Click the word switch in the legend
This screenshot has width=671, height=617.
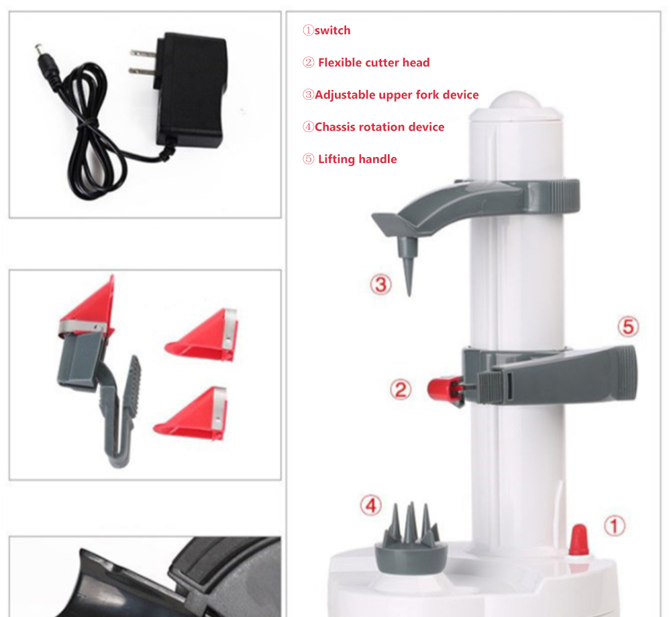[333, 30]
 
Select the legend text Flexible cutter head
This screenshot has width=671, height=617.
[374, 62]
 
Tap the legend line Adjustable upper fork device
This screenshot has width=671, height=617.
[397, 95]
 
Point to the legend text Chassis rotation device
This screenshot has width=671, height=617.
[379, 127]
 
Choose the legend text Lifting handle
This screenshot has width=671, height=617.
[358, 159]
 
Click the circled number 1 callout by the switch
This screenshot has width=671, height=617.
[615, 526]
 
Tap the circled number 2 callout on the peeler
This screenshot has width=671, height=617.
[401, 390]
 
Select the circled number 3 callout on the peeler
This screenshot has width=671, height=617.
[380, 284]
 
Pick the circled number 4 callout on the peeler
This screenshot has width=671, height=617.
[370, 506]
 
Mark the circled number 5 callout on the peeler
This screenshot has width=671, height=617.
[628, 327]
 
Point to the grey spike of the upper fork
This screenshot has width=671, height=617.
[408, 265]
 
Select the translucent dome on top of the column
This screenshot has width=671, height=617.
[515, 100]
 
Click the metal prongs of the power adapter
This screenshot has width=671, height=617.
[143, 62]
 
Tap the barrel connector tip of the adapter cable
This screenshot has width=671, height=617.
[39, 50]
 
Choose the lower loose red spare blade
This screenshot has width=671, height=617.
[191, 414]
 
